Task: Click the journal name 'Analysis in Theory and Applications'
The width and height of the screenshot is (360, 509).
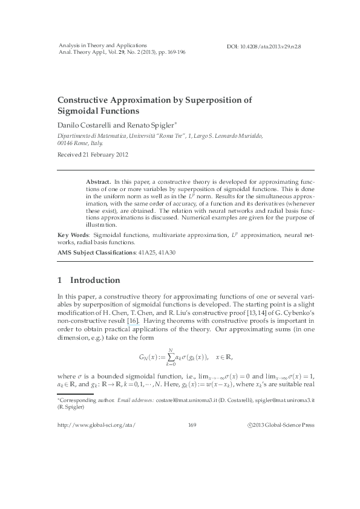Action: pyautogui.click(x=102, y=45)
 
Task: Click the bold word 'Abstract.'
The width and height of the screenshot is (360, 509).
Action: pyautogui.click(x=99, y=181)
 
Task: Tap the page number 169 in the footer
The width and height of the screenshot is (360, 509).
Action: pyautogui.click(x=193, y=443)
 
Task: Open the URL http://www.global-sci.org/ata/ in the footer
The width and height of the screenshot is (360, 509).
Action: pyautogui.click(x=96, y=443)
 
